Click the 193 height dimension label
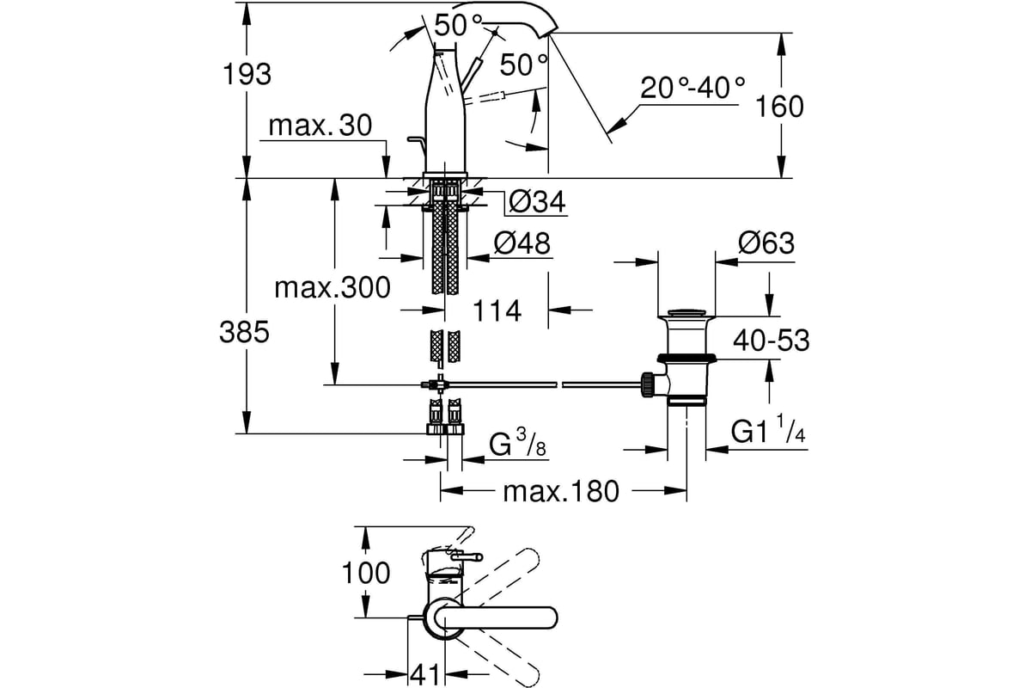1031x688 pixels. click(247, 74)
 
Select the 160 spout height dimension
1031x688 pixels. click(780, 107)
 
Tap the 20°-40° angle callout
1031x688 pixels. click(692, 88)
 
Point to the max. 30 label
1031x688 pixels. click(320, 125)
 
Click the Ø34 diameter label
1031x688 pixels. click(537, 201)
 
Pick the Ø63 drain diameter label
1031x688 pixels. click(766, 243)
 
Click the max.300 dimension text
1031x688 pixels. click(332, 288)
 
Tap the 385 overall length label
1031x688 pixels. click(244, 332)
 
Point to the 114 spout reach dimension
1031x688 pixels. click(497, 311)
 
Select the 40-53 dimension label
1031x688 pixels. click(772, 341)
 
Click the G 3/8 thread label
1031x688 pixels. click(517, 443)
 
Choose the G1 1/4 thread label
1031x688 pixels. click(768, 429)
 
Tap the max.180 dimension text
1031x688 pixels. click(561, 492)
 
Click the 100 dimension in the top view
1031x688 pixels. click(366, 574)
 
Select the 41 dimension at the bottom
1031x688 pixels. click(425, 676)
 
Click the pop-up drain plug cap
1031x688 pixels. click(686, 312)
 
